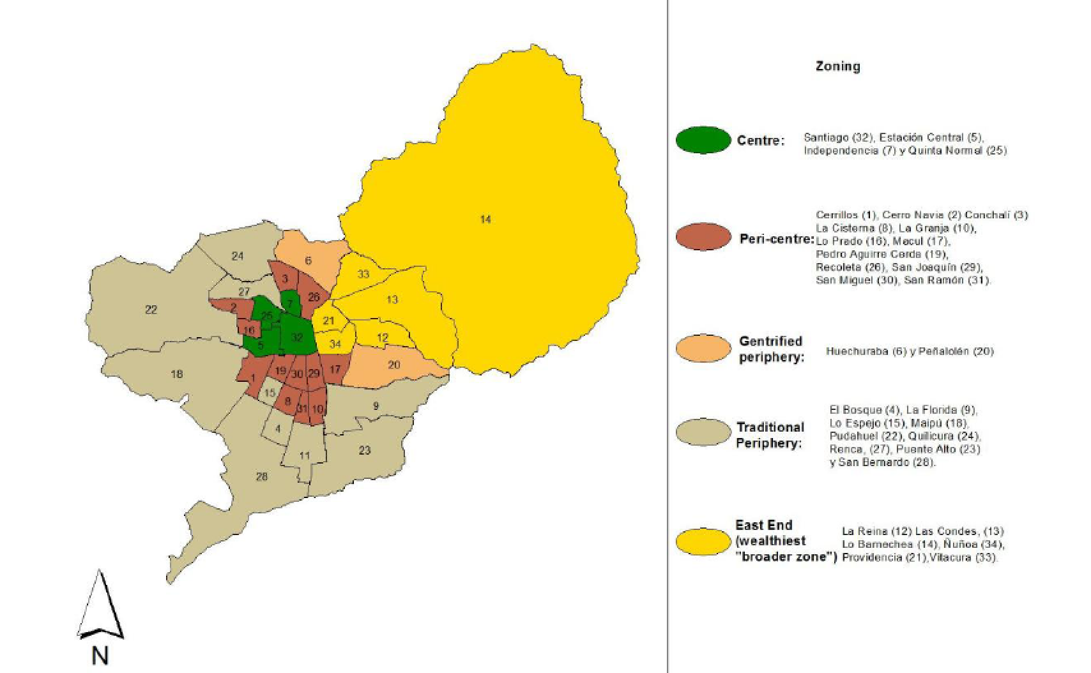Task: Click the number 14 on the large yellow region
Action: tap(485, 220)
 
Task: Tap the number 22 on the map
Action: tap(151, 310)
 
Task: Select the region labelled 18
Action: tap(177, 374)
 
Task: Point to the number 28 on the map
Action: tap(261, 476)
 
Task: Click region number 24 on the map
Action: tap(238, 256)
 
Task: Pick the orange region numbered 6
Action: tap(309, 261)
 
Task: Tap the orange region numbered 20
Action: tap(394, 365)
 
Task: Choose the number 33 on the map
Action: tap(363, 275)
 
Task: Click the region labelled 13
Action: tap(392, 299)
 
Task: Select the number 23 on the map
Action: tap(364, 450)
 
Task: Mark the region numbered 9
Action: tap(376, 406)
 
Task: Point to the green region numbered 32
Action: tap(296, 337)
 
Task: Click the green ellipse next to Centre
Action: tap(703, 140)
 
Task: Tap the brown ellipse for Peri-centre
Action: tap(703, 237)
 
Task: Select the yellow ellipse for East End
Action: tap(703, 541)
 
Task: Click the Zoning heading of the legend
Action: tap(837, 66)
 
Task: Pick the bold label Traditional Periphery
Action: tap(770, 435)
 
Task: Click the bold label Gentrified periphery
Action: tap(770, 349)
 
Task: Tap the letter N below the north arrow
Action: tap(100, 656)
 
